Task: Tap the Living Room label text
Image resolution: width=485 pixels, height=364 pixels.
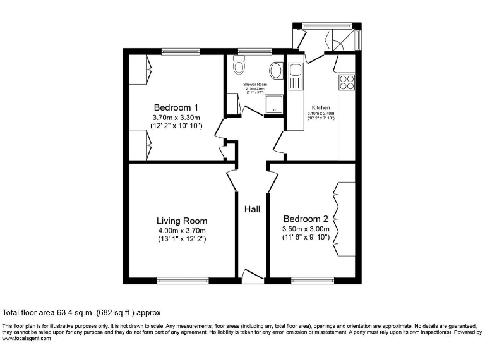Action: (x=182, y=221)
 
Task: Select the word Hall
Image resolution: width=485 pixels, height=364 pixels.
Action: (x=253, y=209)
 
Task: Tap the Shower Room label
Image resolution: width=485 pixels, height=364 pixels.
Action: (x=255, y=84)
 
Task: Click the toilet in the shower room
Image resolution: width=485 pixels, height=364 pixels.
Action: (x=239, y=65)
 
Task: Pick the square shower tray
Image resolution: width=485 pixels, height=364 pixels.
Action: (x=274, y=105)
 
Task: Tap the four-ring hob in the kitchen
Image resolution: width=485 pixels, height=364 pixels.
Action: (x=347, y=82)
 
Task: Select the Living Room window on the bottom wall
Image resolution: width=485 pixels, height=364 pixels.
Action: (x=176, y=279)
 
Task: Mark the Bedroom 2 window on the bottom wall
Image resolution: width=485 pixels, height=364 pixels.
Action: (x=309, y=279)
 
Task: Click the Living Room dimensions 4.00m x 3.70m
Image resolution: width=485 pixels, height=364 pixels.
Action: (x=182, y=231)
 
